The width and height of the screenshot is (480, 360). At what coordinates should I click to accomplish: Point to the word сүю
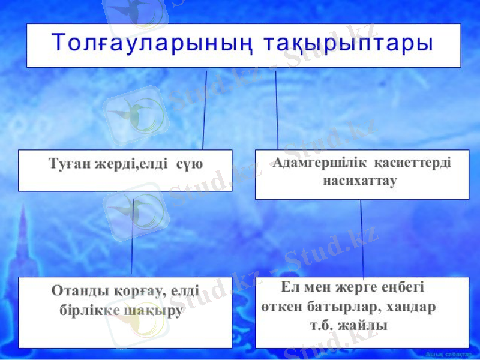pyautogui.click(x=190, y=163)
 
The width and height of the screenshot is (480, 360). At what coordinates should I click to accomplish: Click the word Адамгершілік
pyautogui.click(x=319, y=163)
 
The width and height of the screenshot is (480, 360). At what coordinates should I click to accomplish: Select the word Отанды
pyautogui.click(x=76, y=291)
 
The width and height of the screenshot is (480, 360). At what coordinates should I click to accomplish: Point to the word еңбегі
pyautogui.click(x=403, y=287)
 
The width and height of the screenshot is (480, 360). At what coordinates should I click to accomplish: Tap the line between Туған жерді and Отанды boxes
pyautogui.click(x=132, y=237)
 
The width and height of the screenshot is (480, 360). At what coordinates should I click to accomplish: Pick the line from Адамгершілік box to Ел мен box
pyautogui.click(x=362, y=237)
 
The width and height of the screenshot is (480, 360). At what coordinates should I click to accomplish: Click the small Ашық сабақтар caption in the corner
pyautogui.click(x=450, y=355)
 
